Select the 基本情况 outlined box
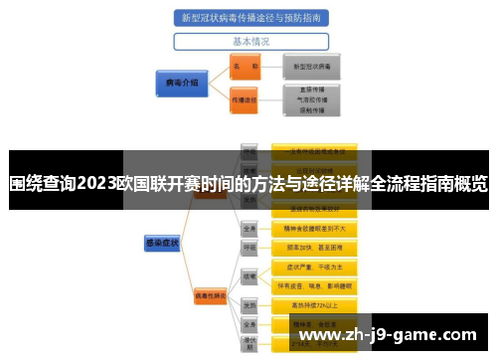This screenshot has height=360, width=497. [250, 42]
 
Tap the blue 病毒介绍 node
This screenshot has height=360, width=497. [180, 82]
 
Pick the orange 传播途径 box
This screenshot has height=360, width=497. [244, 99]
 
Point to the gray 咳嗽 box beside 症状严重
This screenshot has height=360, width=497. [250, 275]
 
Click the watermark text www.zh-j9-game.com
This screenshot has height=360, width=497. [392, 335]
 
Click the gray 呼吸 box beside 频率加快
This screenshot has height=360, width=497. [250, 247]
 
